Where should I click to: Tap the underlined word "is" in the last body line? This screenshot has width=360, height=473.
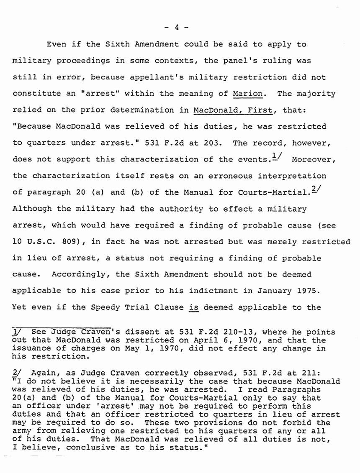193,307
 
